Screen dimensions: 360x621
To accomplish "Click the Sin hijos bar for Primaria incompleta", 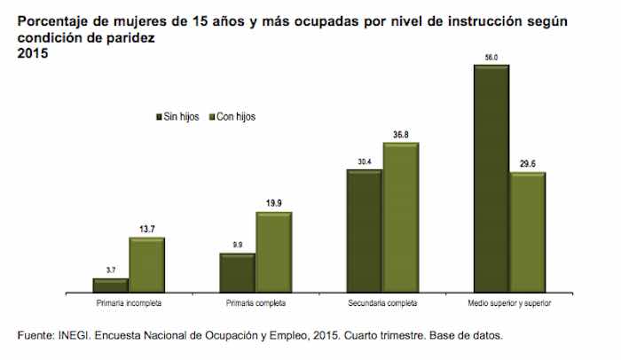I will tap(110, 284).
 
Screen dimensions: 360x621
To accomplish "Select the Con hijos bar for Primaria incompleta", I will tap(146, 263).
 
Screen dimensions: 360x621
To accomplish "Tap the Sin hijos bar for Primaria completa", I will tap(237, 271).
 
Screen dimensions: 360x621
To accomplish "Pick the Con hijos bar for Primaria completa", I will tap(273, 251).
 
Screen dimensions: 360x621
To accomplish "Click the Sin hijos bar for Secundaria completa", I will tap(364, 230).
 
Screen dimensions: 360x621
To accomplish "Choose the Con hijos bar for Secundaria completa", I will tap(400, 216).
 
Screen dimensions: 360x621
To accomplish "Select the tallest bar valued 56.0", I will tap(491, 177).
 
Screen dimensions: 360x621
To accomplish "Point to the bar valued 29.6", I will tap(528, 231).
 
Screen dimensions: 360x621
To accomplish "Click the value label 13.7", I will tap(146, 229).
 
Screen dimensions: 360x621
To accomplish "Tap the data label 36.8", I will tap(400, 135).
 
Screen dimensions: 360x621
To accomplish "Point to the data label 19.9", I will tap(273, 203).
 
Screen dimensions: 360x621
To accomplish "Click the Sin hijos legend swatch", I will tap(159, 116).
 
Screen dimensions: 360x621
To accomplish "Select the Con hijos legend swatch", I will tap(210, 116).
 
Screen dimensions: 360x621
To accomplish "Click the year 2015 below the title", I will tap(32, 54).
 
